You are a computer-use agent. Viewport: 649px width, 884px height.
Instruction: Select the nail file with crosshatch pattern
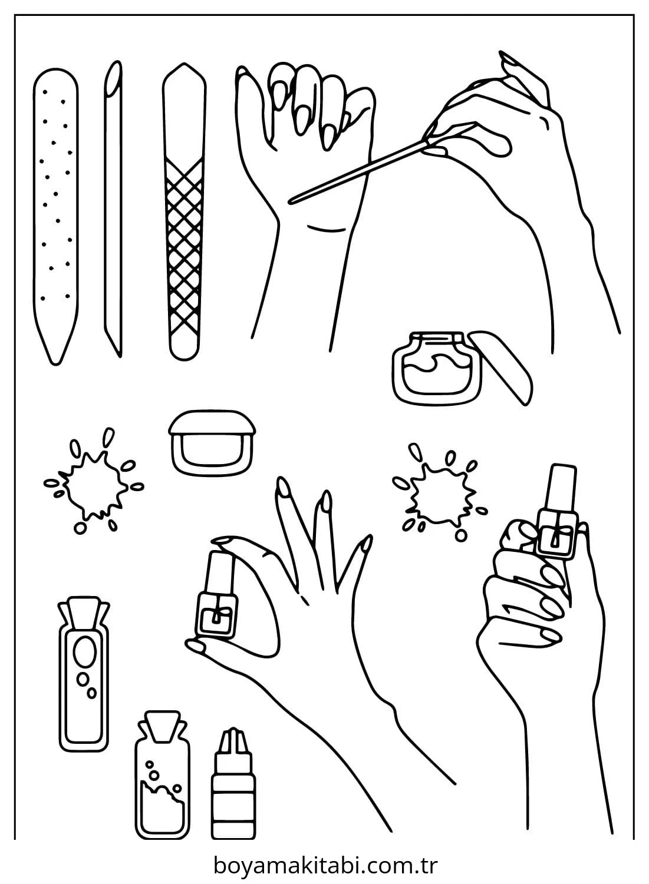184,211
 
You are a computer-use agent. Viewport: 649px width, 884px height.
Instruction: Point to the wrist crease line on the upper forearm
327,229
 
